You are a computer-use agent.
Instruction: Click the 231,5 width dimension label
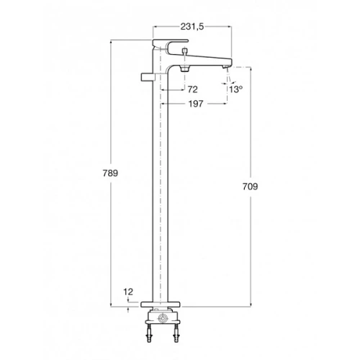click(x=192, y=27)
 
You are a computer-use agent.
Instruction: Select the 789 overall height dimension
click(x=110, y=173)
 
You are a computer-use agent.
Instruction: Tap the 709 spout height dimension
click(x=250, y=186)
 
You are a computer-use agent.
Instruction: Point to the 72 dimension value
click(x=193, y=89)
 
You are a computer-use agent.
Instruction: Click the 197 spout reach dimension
click(x=196, y=104)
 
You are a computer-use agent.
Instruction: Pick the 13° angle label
click(x=235, y=89)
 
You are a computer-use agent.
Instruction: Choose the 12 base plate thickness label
click(x=128, y=292)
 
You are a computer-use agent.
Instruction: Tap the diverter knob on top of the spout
click(x=184, y=51)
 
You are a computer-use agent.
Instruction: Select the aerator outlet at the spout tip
click(x=225, y=67)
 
